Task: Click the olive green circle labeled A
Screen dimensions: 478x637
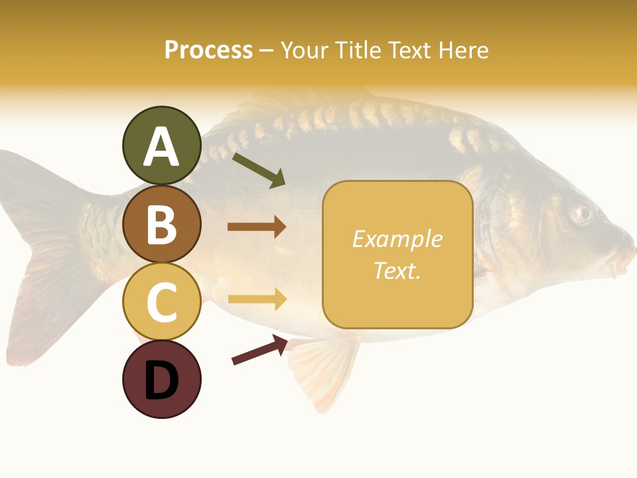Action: tap(161, 145)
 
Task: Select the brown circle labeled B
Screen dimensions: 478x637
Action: tap(161, 224)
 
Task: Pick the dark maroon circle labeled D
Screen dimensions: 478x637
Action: tap(161, 379)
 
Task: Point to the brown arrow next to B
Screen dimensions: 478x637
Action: tap(257, 227)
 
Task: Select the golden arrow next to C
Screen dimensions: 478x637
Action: tap(257, 299)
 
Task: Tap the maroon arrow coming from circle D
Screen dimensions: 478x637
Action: tap(259, 350)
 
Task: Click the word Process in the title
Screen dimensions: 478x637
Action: tap(208, 50)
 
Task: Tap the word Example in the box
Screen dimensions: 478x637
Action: tap(397, 239)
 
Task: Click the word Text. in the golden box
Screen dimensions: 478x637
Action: tap(397, 270)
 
